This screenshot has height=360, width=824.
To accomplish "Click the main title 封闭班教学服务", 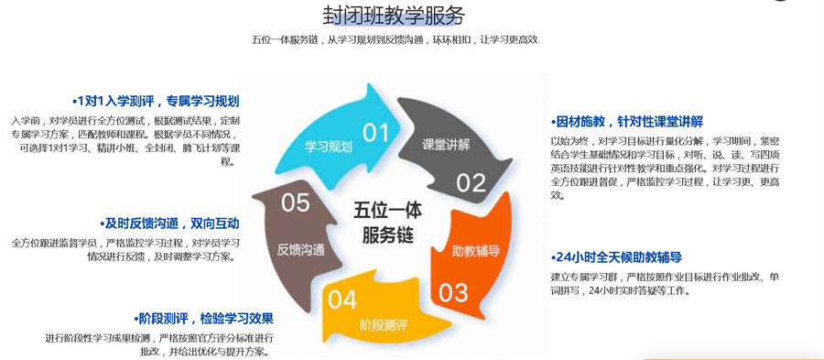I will [394, 15].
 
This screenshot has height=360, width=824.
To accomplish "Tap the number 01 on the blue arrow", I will [376, 133].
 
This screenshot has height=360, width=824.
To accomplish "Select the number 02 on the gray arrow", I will [471, 182].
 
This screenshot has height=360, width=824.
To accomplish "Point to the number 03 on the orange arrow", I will [453, 292].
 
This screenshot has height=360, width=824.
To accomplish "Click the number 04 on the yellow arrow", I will [342, 299].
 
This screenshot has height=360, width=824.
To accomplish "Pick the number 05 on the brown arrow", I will [295, 202].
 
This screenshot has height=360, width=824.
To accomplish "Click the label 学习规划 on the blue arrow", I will [329, 147].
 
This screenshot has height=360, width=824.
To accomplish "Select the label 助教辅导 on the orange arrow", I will [476, 249].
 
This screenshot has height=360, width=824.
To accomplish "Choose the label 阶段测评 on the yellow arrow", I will [383, 324].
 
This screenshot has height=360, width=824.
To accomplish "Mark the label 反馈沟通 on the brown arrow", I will [300, 249].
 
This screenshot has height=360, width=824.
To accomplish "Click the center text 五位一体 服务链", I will [384, 222].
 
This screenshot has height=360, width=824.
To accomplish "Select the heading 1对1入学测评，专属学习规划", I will [156, 101].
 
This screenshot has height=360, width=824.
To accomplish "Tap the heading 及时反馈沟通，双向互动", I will [170, 224].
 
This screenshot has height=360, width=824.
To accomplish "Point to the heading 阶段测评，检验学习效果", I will [202, 319].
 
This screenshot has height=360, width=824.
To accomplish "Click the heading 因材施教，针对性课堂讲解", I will [627, 122].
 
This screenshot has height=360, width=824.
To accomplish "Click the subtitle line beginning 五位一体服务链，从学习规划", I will [395, 39].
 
